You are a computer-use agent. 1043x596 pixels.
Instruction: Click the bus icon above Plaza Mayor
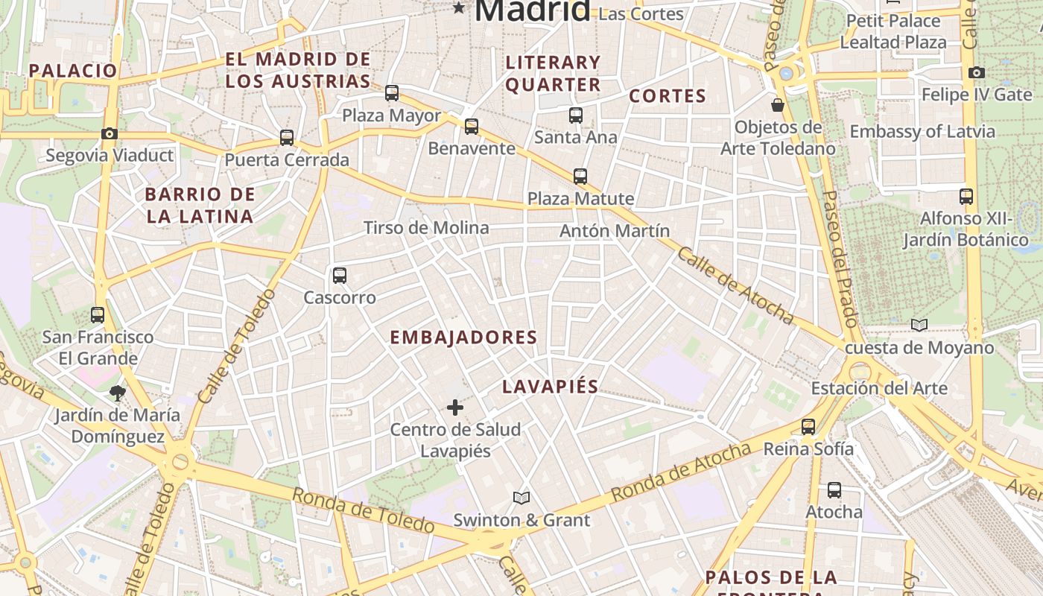click(x=392, y=93)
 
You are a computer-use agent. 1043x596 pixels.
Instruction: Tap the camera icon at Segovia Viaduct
click(x=110, y=134)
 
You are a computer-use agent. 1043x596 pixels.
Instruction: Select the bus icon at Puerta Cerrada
click(x=287, y=138)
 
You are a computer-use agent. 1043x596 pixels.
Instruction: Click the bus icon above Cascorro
click(x=340, y=276)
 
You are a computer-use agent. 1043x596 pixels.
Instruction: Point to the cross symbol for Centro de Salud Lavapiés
click(x=455, y=408)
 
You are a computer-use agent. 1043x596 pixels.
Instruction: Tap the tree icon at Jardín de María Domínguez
click(x=117, y=393)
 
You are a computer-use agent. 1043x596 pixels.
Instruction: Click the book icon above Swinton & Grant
click(x=521, y=498)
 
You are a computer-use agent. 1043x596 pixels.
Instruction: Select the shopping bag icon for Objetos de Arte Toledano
click(x=778, y=105)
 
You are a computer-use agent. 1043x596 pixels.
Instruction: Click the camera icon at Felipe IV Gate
click(x=977, y=72)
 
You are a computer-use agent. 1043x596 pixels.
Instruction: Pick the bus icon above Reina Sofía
click(x=808, y=427)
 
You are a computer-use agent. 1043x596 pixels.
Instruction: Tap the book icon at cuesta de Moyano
click(x=919, y=325)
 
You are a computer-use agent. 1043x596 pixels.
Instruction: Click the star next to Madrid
click(x=459, y=9)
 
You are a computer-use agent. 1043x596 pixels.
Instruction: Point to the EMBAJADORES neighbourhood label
click(x=463, y=337)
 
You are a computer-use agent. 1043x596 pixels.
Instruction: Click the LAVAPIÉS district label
click(x=550, y=387)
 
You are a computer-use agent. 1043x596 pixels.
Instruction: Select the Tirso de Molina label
click(x=426, y=228)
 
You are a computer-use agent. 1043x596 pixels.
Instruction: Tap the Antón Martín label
click(x=615, y=231)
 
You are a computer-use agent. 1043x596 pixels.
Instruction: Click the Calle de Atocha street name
click(x=735, y=285)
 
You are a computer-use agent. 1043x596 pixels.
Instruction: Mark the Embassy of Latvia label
click(x=922, y=132)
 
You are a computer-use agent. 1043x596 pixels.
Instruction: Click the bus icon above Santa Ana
click(x=576, y=115)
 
